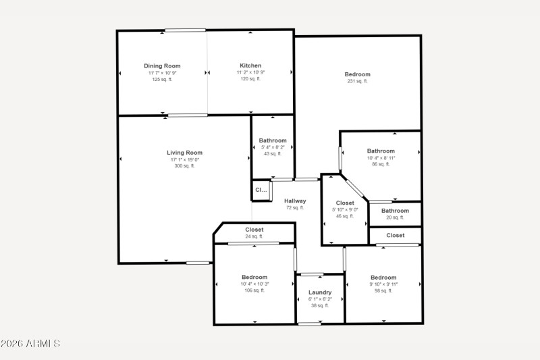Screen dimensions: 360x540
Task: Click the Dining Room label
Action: click(162, 66)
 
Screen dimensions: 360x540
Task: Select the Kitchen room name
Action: click(250, 66)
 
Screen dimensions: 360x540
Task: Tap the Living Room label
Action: click(184, 153)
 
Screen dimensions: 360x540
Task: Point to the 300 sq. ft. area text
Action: click(184, 165)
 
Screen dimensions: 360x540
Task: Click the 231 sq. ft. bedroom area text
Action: click(357, 81)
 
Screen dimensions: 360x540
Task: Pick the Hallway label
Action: click(295, 201)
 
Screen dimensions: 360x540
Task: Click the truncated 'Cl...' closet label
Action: click(261, 190)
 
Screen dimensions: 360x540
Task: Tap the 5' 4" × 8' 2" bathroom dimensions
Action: click(273, 147)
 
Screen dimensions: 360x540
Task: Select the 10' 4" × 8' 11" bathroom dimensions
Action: click(381, 157)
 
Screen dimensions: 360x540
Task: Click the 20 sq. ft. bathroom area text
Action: click(395, 217)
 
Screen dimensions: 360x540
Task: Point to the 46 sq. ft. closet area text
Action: click(345, 216)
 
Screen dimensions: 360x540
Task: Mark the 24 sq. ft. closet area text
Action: click(254, 236)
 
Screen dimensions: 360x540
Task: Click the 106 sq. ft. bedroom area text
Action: click(254, 290)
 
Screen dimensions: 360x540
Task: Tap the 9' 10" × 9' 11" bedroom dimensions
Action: click(383, 284)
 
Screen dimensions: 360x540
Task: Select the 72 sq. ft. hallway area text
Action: click(295, 208)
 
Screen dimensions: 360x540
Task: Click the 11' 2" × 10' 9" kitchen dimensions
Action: click(250, 72)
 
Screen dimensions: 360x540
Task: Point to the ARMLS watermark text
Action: click(30, 344)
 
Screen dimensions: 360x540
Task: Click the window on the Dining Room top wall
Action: click(186, 30)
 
